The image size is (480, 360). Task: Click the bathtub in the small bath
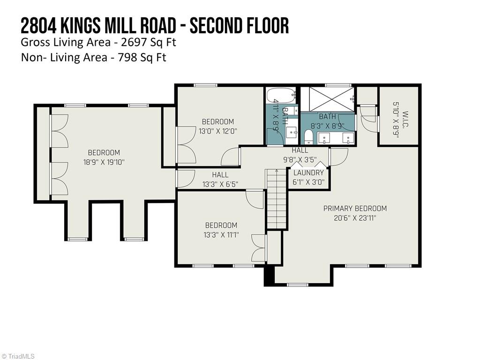(x=281, y=96)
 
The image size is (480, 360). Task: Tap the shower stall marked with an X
(x=327, y=99)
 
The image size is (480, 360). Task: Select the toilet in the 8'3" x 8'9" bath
(x=308, y=137)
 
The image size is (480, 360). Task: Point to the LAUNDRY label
(x=308, y=172)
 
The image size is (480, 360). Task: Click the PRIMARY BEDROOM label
(x=355, y=208)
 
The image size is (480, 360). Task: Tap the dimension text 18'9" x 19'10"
(x=104, y=162)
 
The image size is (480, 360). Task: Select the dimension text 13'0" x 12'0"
(x=218, y=131)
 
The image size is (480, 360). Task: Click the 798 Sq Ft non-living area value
(x=141, y=58)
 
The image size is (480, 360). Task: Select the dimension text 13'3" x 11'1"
(x=221, y=235)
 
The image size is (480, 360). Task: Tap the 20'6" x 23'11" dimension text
(x=355, y=218)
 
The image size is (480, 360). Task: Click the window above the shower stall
(x=335, y=85)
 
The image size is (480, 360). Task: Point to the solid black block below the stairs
(x=269, y=276)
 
